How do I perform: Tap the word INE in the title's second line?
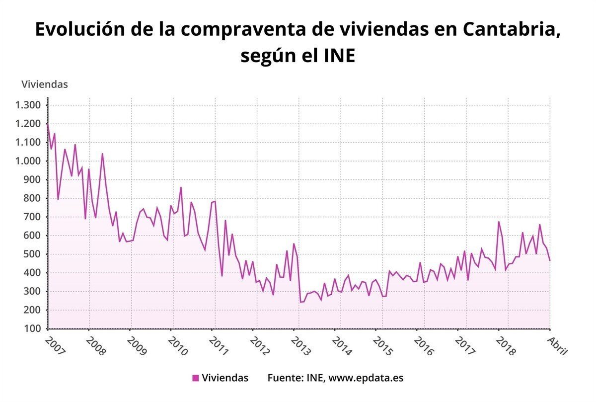[x=338, y=56]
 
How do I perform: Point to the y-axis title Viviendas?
[x=44, y=84]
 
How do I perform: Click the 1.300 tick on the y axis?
[x=28, y=105]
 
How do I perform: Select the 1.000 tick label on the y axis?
[x=28, y=161]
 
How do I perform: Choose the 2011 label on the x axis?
[x=218, y=346]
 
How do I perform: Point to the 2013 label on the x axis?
[x=300, y=346]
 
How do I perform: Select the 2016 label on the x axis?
[x=423, y=346]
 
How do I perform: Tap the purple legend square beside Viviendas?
[x=195, y=378]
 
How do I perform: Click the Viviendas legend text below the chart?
[x=225, y=378]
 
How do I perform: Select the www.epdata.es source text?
[x=366, y=378]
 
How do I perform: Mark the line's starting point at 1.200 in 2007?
[x=48, y=124]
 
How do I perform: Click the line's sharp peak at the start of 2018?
[x=499, y=222]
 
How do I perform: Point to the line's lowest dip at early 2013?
[x=300, y=302]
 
